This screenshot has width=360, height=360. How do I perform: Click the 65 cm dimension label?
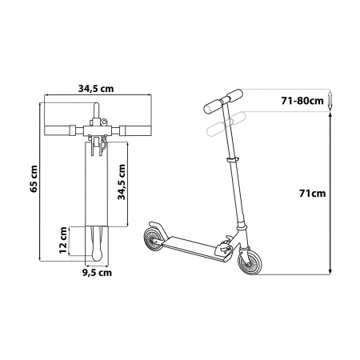click(34, 178)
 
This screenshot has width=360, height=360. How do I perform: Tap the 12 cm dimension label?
click(63, 240)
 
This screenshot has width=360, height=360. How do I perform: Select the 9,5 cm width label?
click(97, 273)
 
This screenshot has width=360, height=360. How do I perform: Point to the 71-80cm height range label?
click(302, 101)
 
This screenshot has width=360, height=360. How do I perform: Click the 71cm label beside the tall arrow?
click(312, 194)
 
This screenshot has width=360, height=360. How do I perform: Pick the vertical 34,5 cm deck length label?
click(122, 182)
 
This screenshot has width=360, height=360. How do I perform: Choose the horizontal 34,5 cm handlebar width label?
click(96, 89)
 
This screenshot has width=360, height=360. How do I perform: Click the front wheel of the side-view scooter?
click(250, 260)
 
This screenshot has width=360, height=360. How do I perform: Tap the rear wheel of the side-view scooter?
click(154, 239)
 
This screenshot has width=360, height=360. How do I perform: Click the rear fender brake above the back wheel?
click(158, 228)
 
